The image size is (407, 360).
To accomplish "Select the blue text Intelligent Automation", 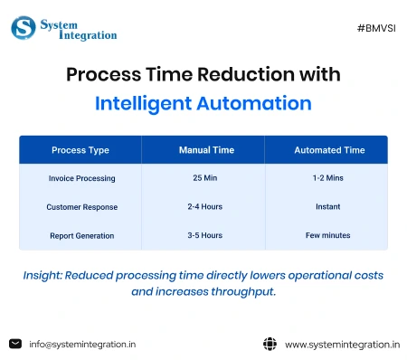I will tap(203, 103).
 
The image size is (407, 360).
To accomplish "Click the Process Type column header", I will tap(81, 149).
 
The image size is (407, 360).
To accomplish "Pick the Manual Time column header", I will tap(203, 149).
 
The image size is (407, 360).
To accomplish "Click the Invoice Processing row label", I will tap(81, 178).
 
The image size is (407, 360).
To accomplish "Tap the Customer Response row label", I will tap(81, 207).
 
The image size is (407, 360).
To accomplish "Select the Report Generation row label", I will tap(81, 235).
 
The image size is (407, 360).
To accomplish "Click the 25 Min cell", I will tap(203, 178).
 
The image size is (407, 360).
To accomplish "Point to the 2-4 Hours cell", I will tap(203, 207).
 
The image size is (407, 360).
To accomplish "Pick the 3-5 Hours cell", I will tap(203, 235).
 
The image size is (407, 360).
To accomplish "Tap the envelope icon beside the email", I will tap(14, 344).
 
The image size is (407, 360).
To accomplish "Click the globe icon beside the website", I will tap(269, 344).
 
